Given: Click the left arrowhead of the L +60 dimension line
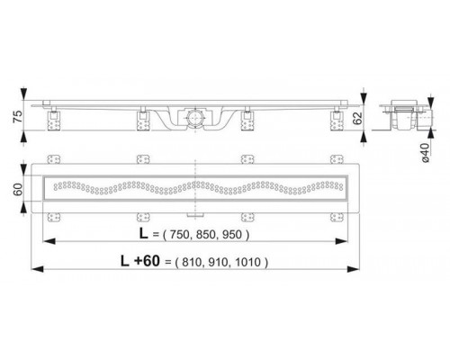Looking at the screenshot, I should click(x=33, y=267).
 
